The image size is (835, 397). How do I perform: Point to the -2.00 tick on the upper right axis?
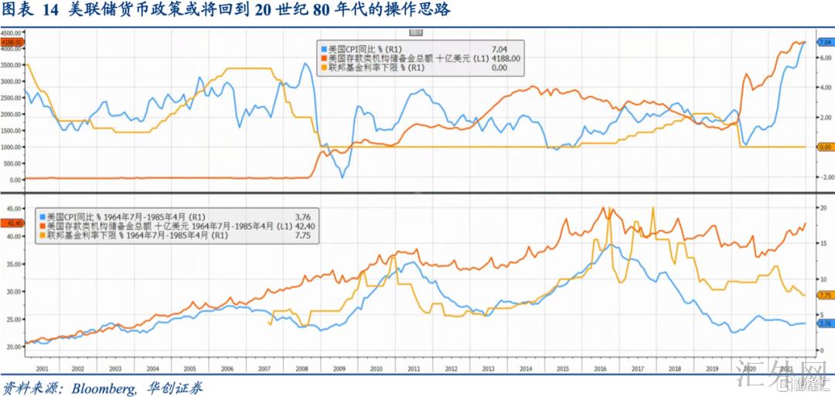822,176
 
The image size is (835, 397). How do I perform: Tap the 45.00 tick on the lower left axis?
12,208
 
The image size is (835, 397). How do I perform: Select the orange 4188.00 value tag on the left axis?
12,41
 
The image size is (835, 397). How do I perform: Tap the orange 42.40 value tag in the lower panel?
12,223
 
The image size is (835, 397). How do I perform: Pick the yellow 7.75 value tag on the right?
823,295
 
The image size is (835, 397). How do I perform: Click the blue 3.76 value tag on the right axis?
823,324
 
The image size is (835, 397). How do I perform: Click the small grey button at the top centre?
416,32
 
